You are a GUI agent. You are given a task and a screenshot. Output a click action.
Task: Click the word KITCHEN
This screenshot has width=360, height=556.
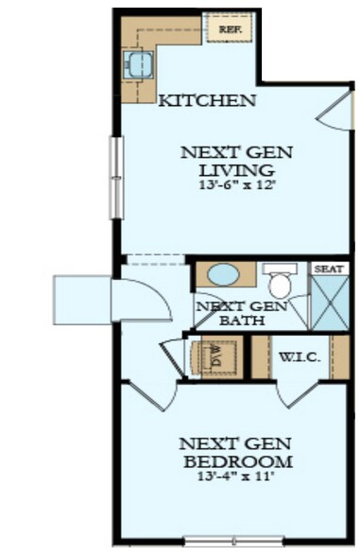click(x=205, y=100)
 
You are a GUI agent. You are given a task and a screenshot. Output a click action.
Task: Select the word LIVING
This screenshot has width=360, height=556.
click(x=236, y=170)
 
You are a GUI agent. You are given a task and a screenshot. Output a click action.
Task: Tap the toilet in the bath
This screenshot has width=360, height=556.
click(x=279, y=281)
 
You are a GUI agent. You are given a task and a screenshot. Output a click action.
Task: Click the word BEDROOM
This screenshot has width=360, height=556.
click(x=236, y=460)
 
